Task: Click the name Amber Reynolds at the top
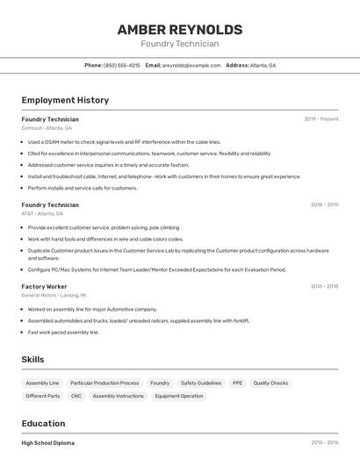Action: click(x=180, y=29)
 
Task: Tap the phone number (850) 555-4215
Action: click(x=122, y=66)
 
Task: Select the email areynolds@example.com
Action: click(x=191, y=66)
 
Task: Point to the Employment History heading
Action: click(x=65, y=100)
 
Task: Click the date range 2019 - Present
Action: click(x=321, y=119)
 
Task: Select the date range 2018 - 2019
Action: click(x=324, y=205)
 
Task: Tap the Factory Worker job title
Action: click(x=44, y=286)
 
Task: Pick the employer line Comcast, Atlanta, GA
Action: click(x=47, y=128)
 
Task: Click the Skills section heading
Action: click(x=32, y=360)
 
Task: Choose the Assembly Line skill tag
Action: click(x=42, y=383)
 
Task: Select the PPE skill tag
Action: click(x=237, y=383)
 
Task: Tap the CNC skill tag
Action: click(x=76, y=396)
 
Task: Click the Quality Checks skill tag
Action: click(x=270, y=383)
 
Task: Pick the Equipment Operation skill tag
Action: click(x=179, y=396)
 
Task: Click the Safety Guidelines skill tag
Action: click(x=201, y=383)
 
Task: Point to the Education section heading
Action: click(x=43, y=423)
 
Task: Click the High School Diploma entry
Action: click(x=48, y=443)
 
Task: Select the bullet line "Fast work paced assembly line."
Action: click(x=63, y=333)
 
